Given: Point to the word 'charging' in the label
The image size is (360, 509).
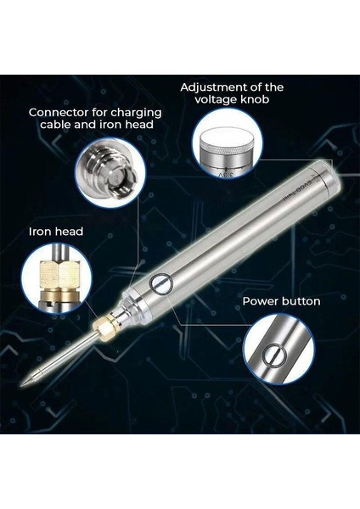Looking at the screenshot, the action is point(136,114).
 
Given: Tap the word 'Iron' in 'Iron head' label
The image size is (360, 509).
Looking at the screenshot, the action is point(40,232).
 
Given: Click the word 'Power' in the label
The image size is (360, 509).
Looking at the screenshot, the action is point(259,301).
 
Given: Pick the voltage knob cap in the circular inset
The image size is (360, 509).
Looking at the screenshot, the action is point(228,141).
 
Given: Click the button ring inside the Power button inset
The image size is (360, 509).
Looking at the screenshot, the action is point(273,355).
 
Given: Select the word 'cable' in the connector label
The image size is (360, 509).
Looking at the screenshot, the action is point(55,125).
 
